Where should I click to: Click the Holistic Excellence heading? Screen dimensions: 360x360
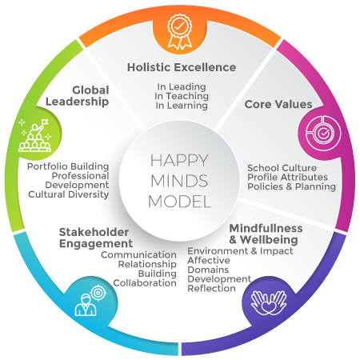click(x=182, y=67)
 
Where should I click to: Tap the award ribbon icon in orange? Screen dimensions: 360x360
click(x=180, y=32)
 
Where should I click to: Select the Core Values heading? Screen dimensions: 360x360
click(x=278, y=104)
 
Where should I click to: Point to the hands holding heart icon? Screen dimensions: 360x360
click(x=269, y=302)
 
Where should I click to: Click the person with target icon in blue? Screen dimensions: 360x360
click(x=90, y=301)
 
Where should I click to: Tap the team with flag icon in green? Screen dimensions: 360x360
click(x=35, y=135)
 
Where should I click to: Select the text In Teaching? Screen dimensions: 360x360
click(x=182, y=96)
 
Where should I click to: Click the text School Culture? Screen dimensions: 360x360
click(x=282, y=168)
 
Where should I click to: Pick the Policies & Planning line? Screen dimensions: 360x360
click(x=291, y=186)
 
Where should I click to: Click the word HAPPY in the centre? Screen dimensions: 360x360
click(x=179, y=161)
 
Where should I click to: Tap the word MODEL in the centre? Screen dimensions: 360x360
click(x=179, y=202)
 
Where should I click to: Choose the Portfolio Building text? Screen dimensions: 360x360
click(x=68, y=166)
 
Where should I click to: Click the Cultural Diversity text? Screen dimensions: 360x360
click(x=69, y=194)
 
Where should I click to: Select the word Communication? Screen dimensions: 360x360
click(x=138, y=255)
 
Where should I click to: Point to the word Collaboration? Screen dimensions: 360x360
click(x=145, y=283)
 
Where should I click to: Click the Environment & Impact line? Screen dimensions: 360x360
click(x=240, y=251)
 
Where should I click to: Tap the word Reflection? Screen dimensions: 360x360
click(x=212, y=289)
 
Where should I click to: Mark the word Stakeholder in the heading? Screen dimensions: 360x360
click(x=94, y=232)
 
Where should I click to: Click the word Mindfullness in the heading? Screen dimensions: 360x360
click(x=266, y=229)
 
